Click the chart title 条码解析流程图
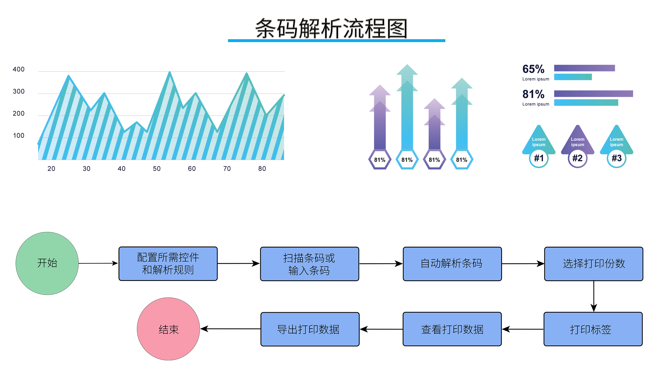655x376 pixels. (331, 28)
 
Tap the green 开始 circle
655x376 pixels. (47, 263)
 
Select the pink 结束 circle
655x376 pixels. (168, 329)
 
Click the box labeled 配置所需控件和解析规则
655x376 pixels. (168, 264)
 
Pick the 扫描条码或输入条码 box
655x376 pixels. (309, 264)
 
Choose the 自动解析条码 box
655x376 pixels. (452, 264)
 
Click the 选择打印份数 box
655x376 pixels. (594, 264)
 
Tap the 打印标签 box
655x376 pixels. (593, 329)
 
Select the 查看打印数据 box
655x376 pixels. (452, 329)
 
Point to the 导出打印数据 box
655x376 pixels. (310, 329)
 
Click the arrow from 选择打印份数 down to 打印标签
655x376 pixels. (594, 296)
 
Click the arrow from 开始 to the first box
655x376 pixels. (98, 263)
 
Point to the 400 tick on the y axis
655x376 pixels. (19, 69)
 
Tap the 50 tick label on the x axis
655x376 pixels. (157, 169)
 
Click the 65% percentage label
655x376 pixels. (533, 69)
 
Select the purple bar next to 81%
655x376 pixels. (593, 93)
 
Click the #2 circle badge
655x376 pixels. (577, 158)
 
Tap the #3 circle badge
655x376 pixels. (616, 158)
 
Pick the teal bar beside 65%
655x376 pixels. (573, 77)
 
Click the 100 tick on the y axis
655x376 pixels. (19, 136)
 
